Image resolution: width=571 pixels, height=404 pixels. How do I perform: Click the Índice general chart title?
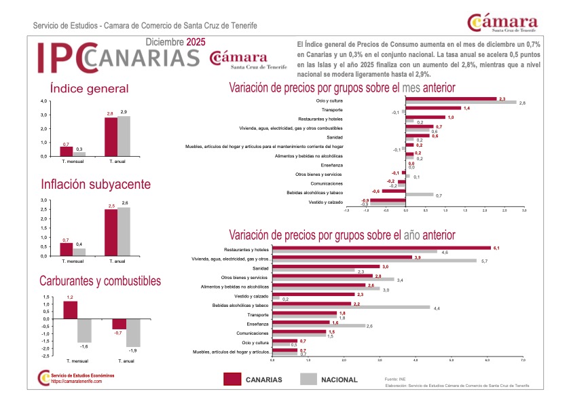[x=89, y=89]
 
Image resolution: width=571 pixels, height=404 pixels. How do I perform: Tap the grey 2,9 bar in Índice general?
[x=123, y=136]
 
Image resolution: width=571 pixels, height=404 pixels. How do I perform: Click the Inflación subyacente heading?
[x=96, y=185]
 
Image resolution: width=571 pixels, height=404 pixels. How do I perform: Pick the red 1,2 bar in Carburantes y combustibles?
[x=70, y=310]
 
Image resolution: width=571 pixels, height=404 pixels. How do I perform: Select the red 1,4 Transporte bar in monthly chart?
[x=433, y=108]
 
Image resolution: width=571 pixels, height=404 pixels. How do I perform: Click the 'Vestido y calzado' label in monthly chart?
[x=325, y=202]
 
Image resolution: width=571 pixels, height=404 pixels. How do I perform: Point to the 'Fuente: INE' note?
[x=395, y=378]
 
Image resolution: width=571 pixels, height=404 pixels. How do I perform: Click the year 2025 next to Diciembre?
[x=196, y=42]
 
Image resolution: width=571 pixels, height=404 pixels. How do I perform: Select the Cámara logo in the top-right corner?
[x=502, y=23]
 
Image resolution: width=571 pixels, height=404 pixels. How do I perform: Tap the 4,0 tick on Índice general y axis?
[x=45, y=101]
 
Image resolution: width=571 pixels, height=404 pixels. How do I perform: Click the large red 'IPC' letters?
[x=61, y=57]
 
